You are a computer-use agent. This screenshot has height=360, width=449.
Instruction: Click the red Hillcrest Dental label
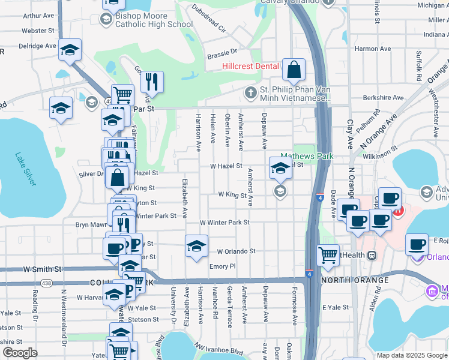pyautogui.click(x=250, y=66)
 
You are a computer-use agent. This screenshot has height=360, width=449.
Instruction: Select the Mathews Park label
pyautogui.click(x=307, y=156)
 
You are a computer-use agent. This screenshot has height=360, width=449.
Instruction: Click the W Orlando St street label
pyautogui.click(x=236, y=251)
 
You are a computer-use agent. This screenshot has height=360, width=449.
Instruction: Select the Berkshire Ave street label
pyautogui.click(x=384, y=97)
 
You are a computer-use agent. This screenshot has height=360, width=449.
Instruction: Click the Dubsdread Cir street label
pyautogui.click(x=209, y=19)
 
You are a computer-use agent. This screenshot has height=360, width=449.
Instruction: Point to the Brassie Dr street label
pyautogui.click(x=222, y=54)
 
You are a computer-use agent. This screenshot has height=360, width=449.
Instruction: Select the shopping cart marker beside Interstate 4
pyautogui.click(x=328, y=255)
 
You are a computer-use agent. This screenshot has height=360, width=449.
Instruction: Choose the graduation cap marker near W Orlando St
pyautogui.click(x=196, y=246)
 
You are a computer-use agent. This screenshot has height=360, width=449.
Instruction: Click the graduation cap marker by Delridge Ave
pyautogui.click(x=70, y=50)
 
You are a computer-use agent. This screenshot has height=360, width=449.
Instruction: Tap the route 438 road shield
pyautogui.click(x=46, y=282)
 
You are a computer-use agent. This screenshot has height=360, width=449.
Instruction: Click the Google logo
pyautogui.click(x=20, y=353)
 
